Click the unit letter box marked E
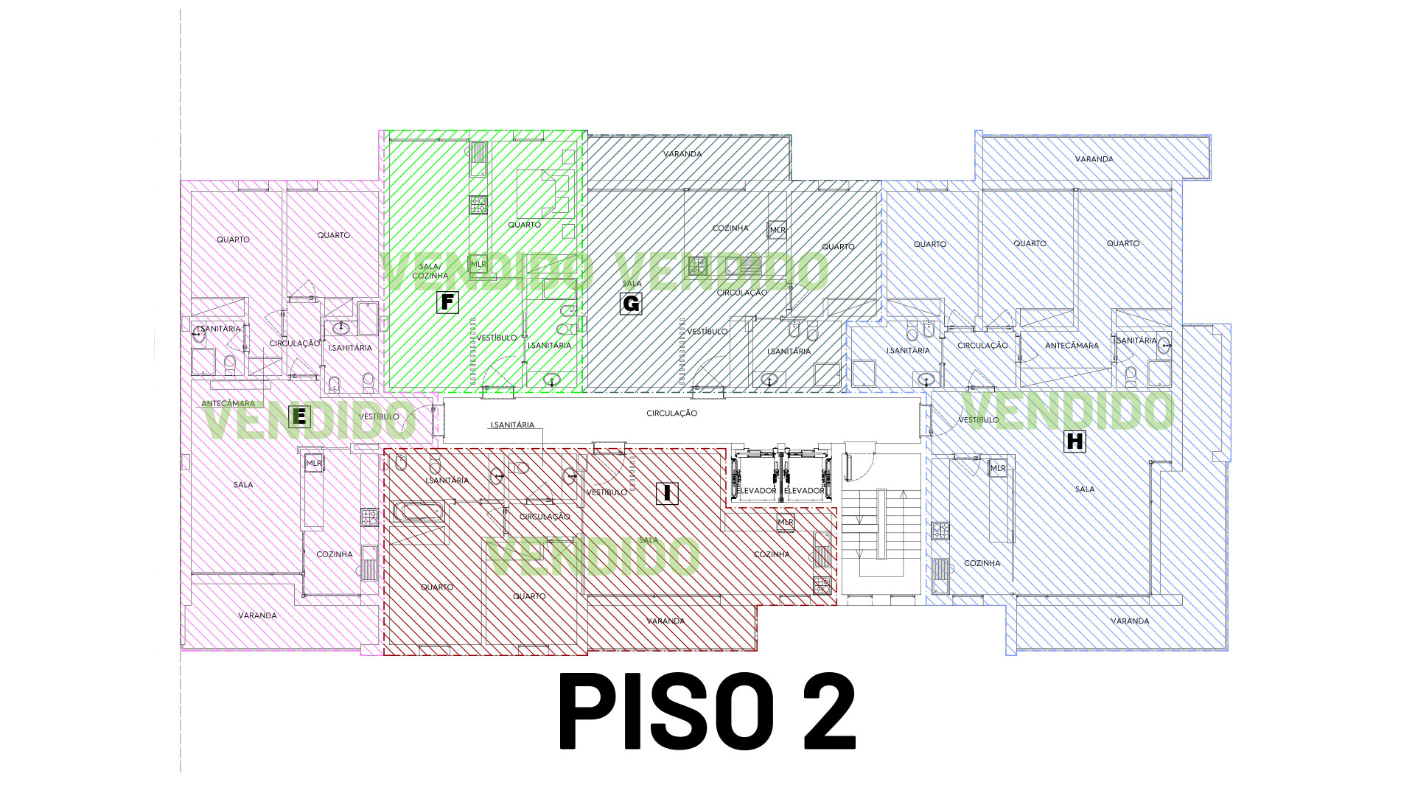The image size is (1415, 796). pos(298,416)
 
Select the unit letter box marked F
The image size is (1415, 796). pos(447,302)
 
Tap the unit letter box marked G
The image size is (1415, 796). pos(631,303)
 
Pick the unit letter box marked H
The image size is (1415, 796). pos(1075,441)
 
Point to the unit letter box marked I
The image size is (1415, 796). pos(667,493)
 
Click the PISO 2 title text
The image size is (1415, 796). pos(707,711)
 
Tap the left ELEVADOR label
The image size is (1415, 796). pos(757,491)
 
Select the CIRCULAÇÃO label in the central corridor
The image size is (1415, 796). pos(671,413)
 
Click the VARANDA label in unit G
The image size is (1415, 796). pos(682,154)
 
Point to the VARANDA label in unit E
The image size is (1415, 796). pos(257,615)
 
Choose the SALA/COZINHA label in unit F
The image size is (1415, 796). pos(430,271)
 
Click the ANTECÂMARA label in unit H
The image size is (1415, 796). pos(1072,346)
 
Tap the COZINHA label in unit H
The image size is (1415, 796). pos(982,563)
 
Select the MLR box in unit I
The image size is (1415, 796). pos(786,522)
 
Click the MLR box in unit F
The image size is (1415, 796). pos(478,264)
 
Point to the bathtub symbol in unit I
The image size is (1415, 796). pos(418,512)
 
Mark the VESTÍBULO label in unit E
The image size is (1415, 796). pos(379,417)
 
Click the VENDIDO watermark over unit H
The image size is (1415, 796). pos(1069,411)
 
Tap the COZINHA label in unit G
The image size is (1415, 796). pos(730,228)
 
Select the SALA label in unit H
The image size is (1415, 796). pos(1084,489)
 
